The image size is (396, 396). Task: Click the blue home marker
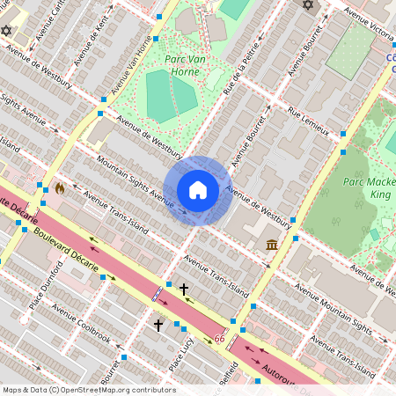(198, 190)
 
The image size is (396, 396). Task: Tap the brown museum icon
(272, 244)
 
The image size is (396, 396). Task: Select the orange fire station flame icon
(60, 188)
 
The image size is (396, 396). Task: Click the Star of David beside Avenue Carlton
(7, 31)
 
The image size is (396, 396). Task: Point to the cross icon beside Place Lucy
(158, 326)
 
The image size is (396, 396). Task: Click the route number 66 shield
(219, 339)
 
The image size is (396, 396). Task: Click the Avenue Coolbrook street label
(81, 323)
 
